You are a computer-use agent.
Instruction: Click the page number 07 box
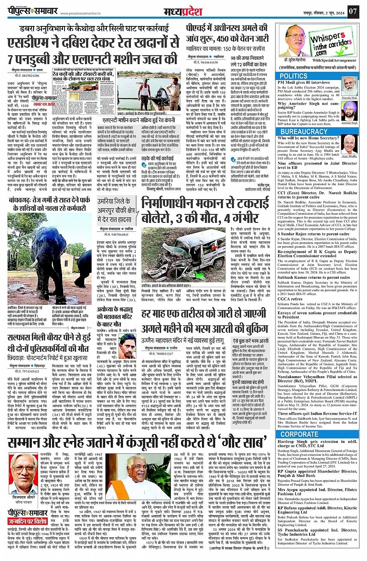tap(352, 11)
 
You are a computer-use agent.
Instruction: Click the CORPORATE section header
tap(299, 434)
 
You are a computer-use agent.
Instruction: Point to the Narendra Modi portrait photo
tap(349, 87)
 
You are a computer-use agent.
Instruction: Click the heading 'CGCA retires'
tap(290, 299)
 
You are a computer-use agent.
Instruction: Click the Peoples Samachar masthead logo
tap(33, 11)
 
